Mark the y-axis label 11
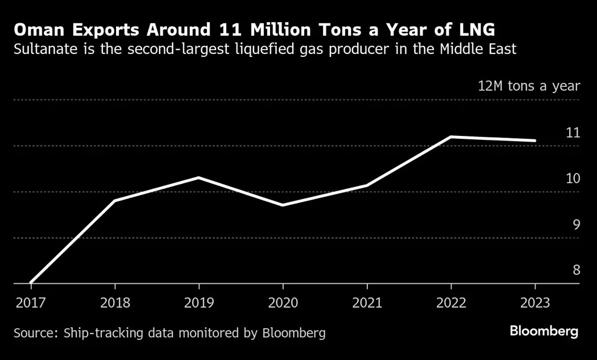pyautogui.click(x=573, y=133)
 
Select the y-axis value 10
pyautogui.click(x=573, y=179)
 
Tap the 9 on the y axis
pyautogui.click(x=575, y=225)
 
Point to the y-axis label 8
pyautogui.click(x=575, y=270)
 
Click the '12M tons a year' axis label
pyautogui.click(x=528, y=86)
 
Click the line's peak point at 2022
pyautogui.click(x=451, y=137)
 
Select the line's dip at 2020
pyautogui.click(x=283, y=205)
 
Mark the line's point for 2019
pyautogui.click(x=198, y=178)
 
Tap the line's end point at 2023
pyautogui.click(x=534, y=140)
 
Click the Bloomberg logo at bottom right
pyautogui.click(x=544, y=332)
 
